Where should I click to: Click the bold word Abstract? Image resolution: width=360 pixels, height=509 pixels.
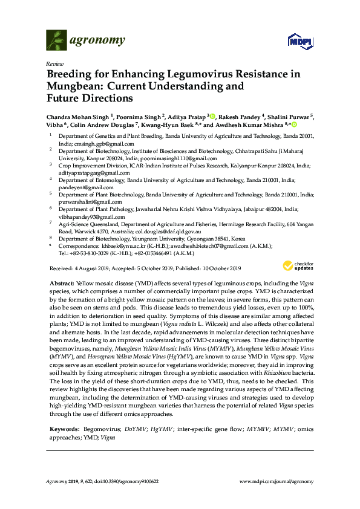59,283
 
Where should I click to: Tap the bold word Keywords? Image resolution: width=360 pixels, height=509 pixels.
62,429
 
